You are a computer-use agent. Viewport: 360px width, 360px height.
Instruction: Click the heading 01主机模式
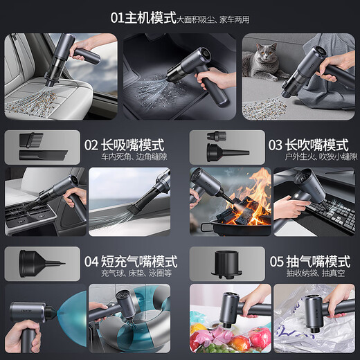tap(143, 17)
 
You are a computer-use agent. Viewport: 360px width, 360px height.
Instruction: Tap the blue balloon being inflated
tap(66, 318)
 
